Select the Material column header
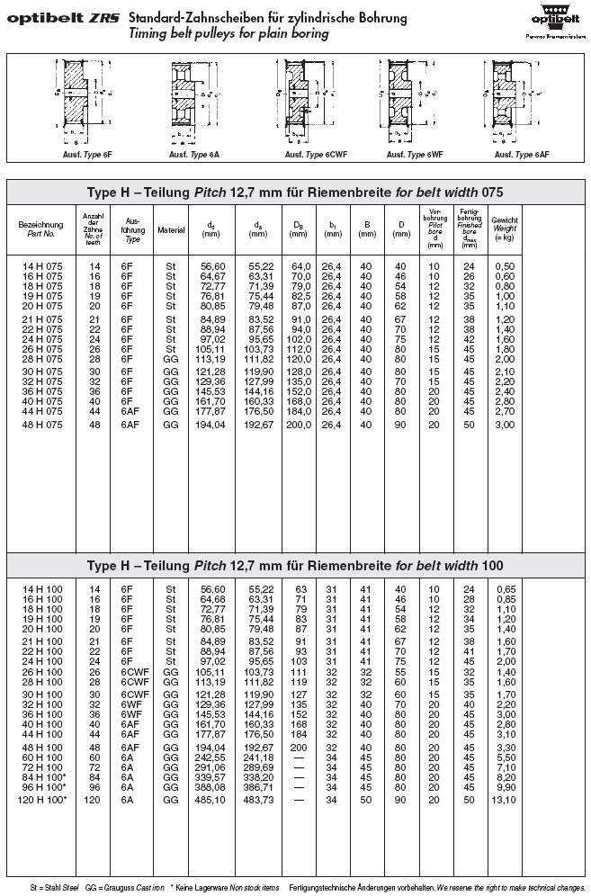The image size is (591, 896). coord(171,229)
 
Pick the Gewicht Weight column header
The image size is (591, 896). coord(505,224)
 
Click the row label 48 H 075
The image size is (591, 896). coord(42,424)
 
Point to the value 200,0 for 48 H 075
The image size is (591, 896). coord(298,424)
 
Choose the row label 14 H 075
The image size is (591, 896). coord(42,266)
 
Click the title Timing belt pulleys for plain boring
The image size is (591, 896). coord(228,33)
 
